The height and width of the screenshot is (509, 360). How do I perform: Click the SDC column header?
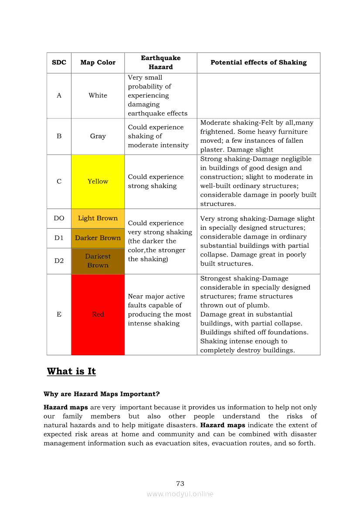pyautogui.click(x=59, y=63)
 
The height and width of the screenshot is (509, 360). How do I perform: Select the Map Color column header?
pyautogui.click(x=98, y=63)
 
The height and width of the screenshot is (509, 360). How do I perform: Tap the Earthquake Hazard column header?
pyautogui.click(x=160, y=63)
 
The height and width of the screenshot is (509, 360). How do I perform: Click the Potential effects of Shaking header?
pyautogui.click(x=258, y=63)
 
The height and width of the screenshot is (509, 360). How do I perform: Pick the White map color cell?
pyautogui.click(x=98, y=96)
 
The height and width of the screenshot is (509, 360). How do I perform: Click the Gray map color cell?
pyautogui.click(x=98, y=136)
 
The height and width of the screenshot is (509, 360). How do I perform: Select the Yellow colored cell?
pyautogui.click(x=98, y=182)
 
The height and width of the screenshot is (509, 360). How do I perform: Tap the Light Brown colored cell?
pyautogui.click(x=98, y=219)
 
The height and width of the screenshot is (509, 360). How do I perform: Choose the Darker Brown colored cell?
pyautogui.click(x=98, y=238)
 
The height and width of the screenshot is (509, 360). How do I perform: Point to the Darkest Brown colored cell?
pyautogui.click(x=98, y=261)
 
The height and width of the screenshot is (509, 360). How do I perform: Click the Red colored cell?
pyautogui.click(x=98, y=314)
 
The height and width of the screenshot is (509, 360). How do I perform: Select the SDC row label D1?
pyautogui.click(x=59, y=238)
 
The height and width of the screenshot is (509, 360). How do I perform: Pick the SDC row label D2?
pyautogui.click(x=59, y=261)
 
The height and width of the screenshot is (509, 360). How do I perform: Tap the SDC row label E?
pyautogui.click(x=59, y=314)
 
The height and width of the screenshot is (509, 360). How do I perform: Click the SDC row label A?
pyautogui.click(x=59, y=96)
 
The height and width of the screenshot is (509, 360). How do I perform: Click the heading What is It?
pyautogui.click(x=71, y=371)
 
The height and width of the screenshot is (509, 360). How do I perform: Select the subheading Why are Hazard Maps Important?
pyautogui.click(x=102, y=394)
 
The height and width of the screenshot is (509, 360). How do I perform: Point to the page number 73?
pyautogui.click(x=180, y=484)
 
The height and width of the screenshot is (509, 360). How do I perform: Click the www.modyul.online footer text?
pyautogui.click(x=180, y=494)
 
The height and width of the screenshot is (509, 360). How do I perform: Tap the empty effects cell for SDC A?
pyautogui.click(x=258, y=96)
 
